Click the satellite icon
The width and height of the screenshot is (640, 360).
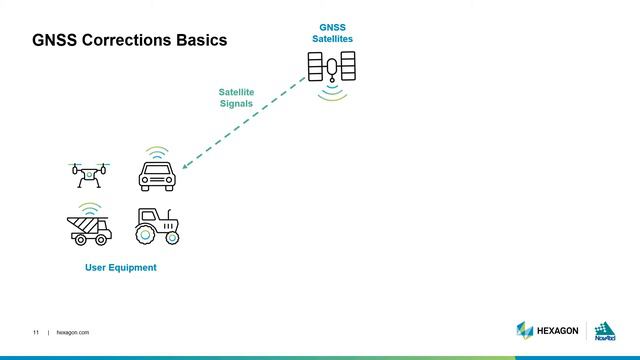[x=332, y=67]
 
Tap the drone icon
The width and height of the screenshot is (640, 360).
[x=88, y=175]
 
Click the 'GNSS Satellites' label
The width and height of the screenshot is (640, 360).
[x=332, y=32]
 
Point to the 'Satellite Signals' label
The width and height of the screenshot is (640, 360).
[x=236, y=97]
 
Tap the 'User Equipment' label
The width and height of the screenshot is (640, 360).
[x=120, y=268]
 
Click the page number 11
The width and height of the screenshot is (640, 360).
[x=36, y=332]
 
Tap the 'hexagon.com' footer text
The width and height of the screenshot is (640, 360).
[x=73, y=332]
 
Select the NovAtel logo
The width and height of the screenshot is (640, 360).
[x=605, y=332]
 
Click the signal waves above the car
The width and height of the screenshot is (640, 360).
[x=154, y=152]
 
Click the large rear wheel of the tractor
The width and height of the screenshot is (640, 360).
[x=146, y=234]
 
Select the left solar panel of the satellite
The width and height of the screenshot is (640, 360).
[x=315, y=67]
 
